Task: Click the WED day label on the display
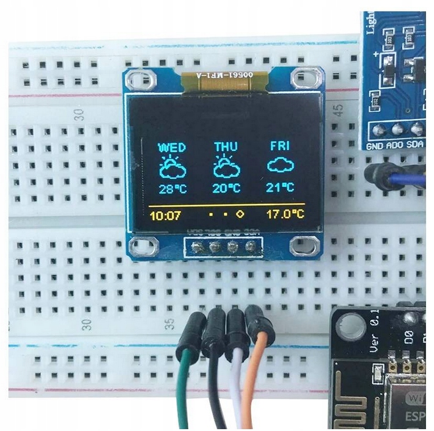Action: pyautogui.click(x=172, y=147)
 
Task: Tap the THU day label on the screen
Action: pyautogui.click(x=226, y=147)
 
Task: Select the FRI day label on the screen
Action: pyautogui.click(x=280, y=147)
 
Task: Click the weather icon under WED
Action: pyautogui.click(x=172, y=167)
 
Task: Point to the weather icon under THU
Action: pyautogui.click(x=226, y=167)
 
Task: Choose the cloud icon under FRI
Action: pyautogui.click(x=281, y=165)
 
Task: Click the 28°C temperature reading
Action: pyautogui.click(x=172, y=188)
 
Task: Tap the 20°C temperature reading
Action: pyautogui.click(x=226, y=188)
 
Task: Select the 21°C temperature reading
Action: pyautogui.click(x=281, y=188)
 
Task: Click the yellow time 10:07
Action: pyautogui.click(x=165, y=215)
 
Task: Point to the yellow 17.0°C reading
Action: pyautogui.click(x=285, y=215)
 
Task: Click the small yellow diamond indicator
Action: pyautogui.click(x=240, y=215)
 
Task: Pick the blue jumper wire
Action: pyautogui.click(x=410, y=178)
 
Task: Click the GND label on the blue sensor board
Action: pyautogui.click(x=375, y=146)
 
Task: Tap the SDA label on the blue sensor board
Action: pyautogui.click(x=416, y=146)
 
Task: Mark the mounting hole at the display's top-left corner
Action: pyautogui.click(x=139, y=79)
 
